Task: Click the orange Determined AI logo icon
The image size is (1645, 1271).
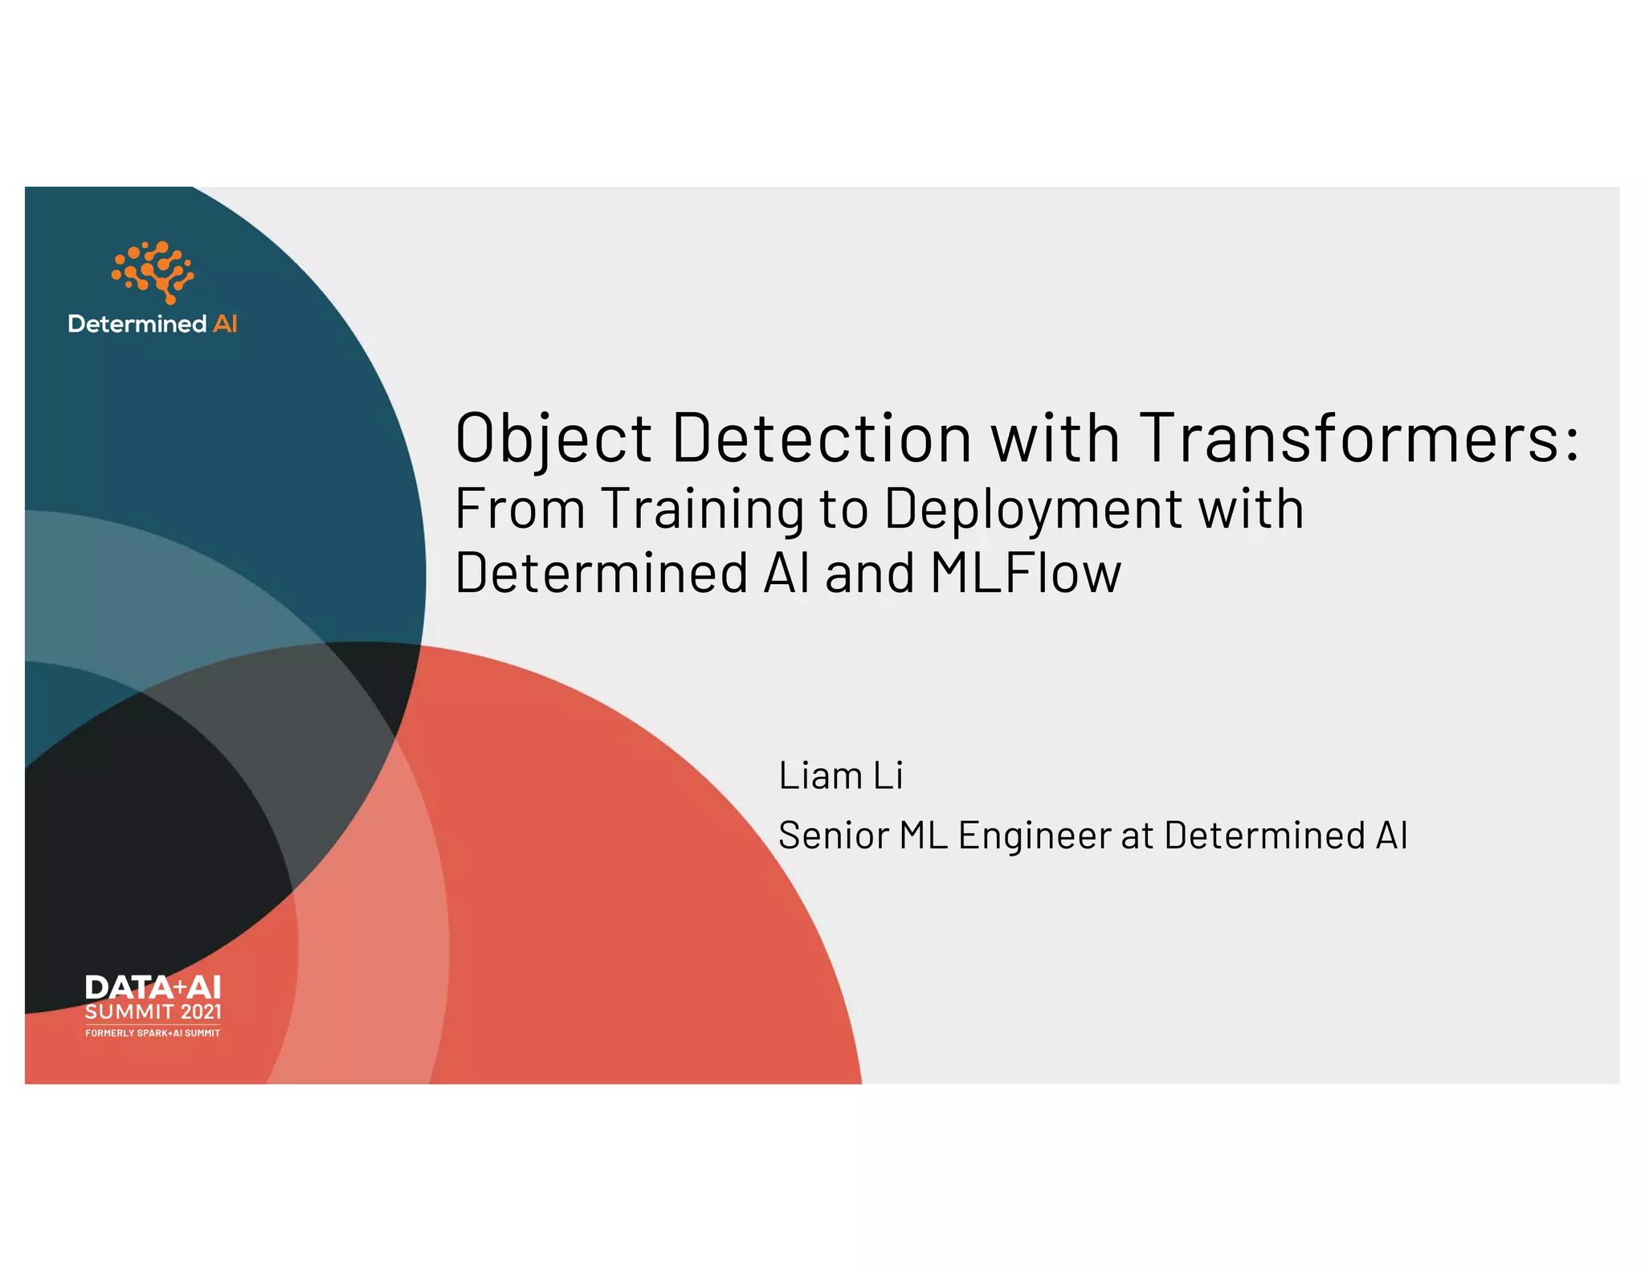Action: (x=153, y=272)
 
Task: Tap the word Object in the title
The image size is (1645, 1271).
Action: (x=553, y=439)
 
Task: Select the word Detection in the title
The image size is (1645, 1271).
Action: (x=822, y=439)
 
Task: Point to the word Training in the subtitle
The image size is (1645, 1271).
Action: (x=703, y=509)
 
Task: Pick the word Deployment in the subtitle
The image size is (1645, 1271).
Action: (x=1033, y=509)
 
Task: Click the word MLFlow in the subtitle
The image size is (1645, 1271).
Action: (x=1026, y=573)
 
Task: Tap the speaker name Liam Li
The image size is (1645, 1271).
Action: (x=840, y=775)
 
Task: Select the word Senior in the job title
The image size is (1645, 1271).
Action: (x=834, y=836)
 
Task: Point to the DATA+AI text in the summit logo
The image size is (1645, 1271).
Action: (x=153, y=987)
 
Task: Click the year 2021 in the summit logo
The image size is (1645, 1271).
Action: (x=201, y=1011)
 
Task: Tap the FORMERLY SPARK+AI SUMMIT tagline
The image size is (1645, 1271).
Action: (x=153, y=1032)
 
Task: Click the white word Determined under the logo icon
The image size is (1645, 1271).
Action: (x=137, y=324)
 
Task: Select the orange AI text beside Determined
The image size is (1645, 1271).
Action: (x=225, y=324)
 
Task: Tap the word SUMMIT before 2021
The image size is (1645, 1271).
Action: (x=129, y=1011)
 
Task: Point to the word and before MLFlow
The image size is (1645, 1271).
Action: (x=870, y=573)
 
